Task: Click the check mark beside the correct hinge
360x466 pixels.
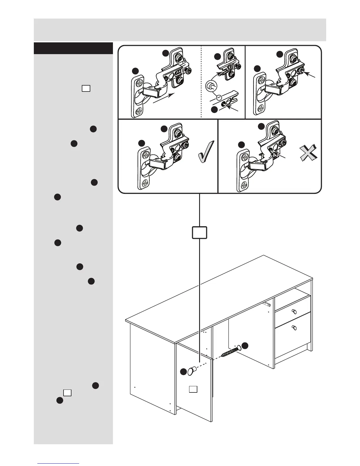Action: (x=206, y=151)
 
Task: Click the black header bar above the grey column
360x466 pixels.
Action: (x=73, y=48)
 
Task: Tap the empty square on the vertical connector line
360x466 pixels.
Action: (x=200, y=232)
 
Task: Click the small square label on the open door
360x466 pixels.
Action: (x=193, y=389)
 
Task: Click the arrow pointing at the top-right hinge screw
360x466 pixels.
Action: (x=311, y=75)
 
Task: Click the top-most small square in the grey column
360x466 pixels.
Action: (x=86, y=88)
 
